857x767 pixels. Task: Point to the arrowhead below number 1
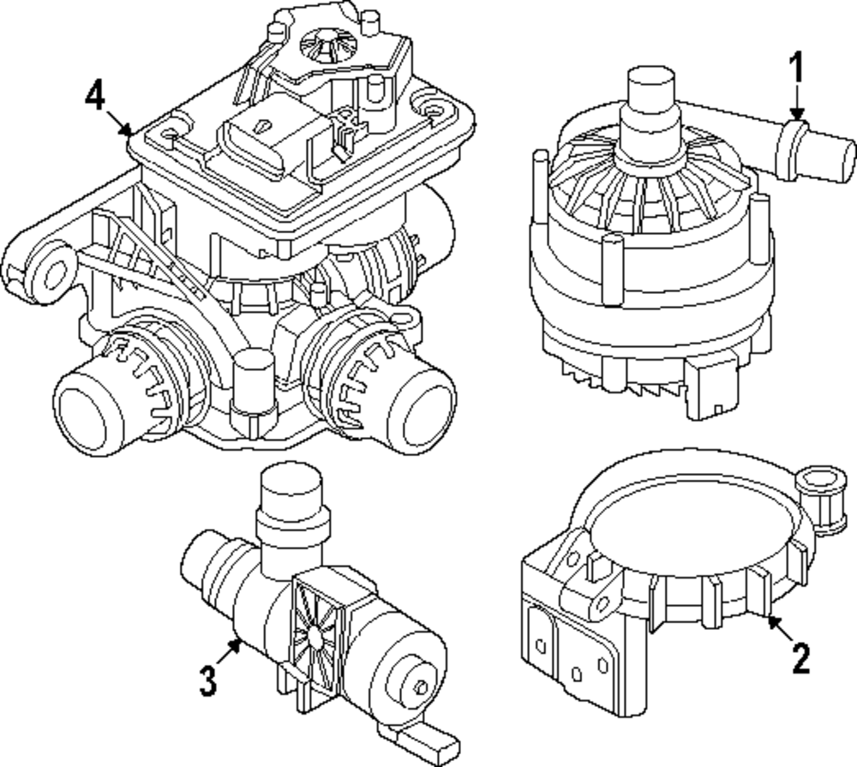click(x=797, y=114)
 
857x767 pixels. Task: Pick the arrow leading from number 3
click(x=230, y=654)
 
